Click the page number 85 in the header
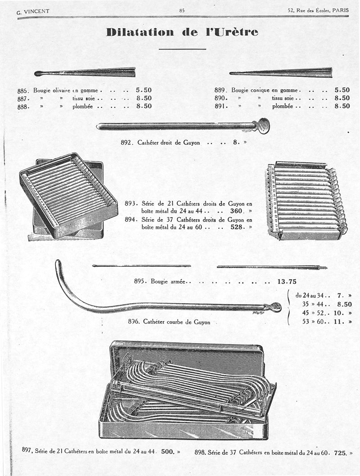coord(182,10)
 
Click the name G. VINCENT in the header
coord(33,12)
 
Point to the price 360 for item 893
coord(237,211)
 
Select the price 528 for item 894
coord(237,227)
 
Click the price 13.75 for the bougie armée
coord(287,282)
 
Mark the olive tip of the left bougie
coord(38,73)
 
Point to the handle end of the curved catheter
coord(273,307)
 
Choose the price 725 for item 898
coord(341,453)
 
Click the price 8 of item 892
coord(235,143)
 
